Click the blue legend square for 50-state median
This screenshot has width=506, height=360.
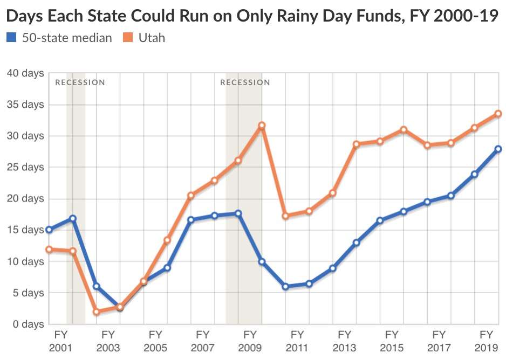11,38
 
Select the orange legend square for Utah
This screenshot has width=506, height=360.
127,38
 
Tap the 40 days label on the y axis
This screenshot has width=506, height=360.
25,73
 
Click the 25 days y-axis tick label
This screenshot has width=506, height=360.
25,167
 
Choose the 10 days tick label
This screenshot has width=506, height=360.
25,261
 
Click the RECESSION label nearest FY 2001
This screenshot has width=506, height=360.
80,82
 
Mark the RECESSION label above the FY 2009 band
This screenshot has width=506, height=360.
245,82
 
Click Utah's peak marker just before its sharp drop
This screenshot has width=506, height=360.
262,126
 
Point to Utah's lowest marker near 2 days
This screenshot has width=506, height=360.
96,311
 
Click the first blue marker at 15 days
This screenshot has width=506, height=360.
49,230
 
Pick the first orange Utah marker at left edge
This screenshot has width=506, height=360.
49,250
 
